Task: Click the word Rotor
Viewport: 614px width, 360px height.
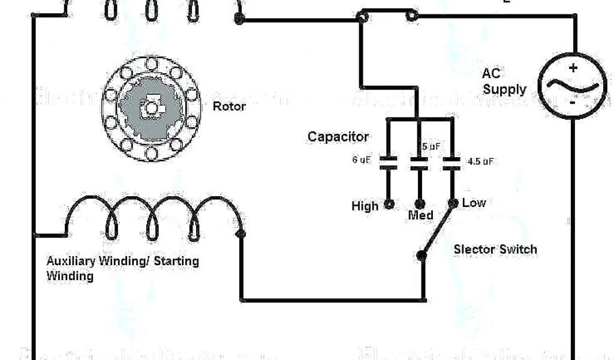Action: (x=229, y=106)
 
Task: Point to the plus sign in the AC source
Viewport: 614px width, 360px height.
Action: (x=573, y=68)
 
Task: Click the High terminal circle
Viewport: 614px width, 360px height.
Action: (x=389, y=204)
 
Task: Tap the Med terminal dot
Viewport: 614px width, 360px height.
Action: (x=420, y=204)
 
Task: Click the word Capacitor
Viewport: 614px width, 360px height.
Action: (x=338, y=137)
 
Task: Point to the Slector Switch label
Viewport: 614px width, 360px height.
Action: (x=495, y=249)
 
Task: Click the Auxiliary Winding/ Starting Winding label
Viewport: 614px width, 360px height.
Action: (x=122, y=268)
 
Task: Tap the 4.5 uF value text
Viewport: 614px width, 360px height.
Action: (x=480, y=161)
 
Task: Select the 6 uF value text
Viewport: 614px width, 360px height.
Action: (x=361, y=160)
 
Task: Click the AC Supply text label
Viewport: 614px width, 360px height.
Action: (x=504, y=82)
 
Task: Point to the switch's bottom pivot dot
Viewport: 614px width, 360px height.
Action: (x=422, y=256)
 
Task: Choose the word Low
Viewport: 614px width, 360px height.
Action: (x=474, y=203)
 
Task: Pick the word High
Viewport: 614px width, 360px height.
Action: (x=365, y=206)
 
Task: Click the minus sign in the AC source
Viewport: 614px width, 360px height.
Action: (x=573, y=103)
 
